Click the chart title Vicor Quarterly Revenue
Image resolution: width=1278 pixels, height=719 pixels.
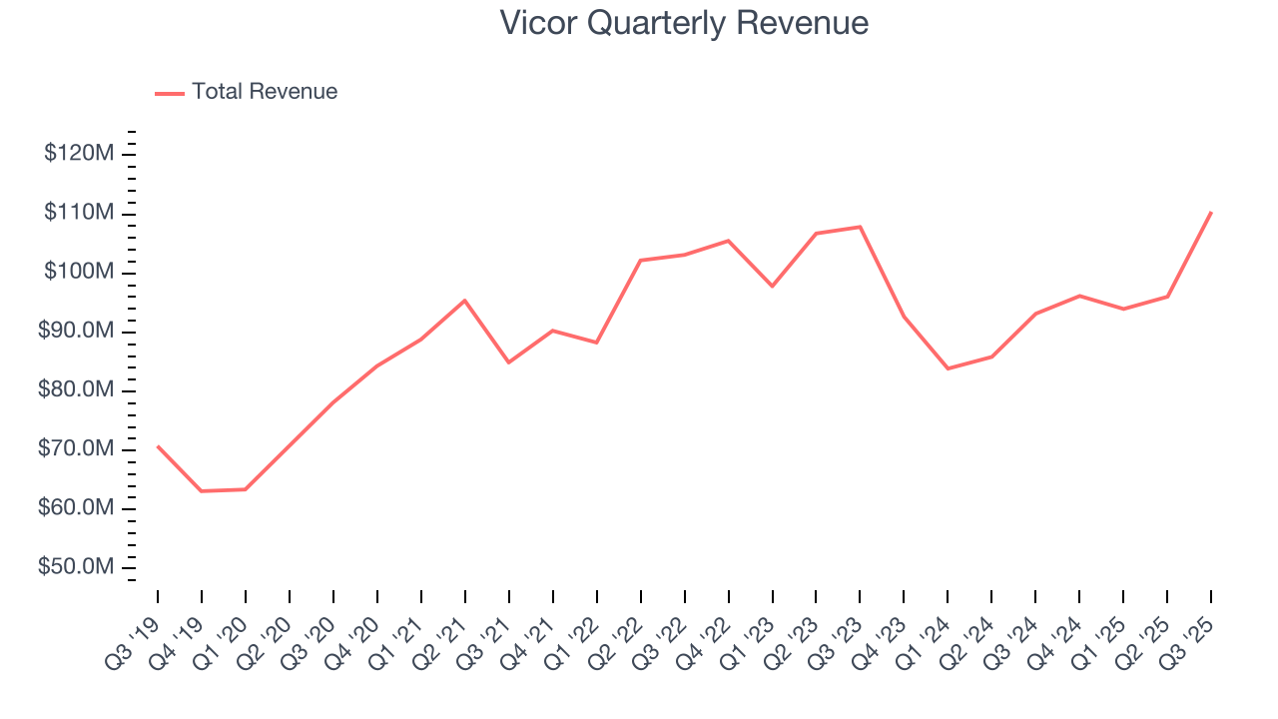[x=684, y=23]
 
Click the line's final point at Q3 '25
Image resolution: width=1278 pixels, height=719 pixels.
[x=1211, y=212]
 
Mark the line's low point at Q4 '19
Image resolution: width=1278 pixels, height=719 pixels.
[x=202, y=491]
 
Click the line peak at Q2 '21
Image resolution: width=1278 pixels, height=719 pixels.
[x=465, y=300]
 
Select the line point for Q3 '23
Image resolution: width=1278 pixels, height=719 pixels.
[x=860, y=227]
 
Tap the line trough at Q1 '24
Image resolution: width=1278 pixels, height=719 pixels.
[x=948, y=368]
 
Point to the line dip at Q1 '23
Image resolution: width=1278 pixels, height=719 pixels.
[x=772, y=287]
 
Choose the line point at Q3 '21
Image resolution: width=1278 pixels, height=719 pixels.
[x=509, y=362]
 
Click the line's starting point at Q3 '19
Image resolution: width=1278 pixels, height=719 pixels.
[x=158, y=446]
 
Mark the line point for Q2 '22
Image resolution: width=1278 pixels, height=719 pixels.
[x=640, y=260]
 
